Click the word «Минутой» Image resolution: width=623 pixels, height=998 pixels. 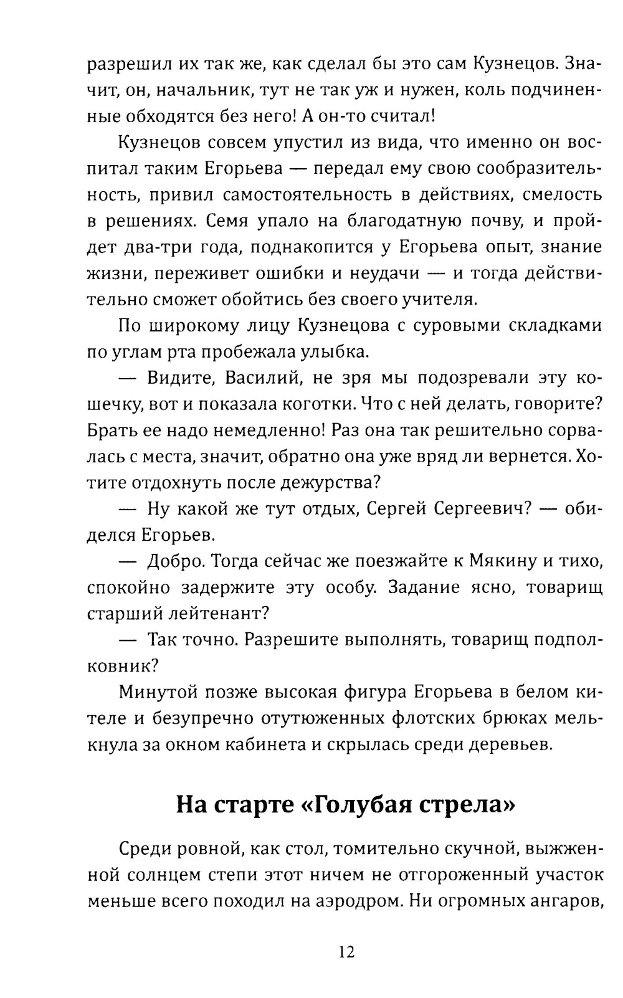click(x=157, y=692)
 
